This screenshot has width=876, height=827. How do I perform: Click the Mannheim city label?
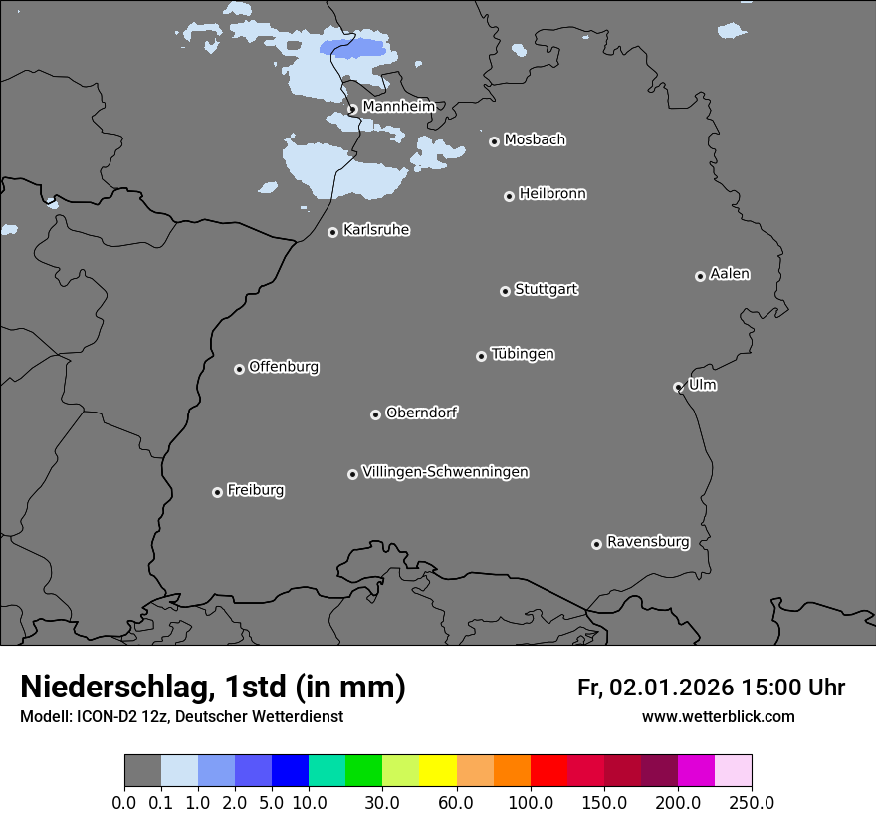click(398, 106)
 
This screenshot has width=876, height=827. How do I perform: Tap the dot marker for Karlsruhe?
click(332, 232)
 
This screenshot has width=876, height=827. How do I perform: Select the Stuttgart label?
click(546, 289)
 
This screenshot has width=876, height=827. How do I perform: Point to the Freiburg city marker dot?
click(217, 492)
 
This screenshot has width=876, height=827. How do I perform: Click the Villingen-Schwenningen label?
click(445, 472)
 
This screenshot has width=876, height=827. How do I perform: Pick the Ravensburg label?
click(647, 542)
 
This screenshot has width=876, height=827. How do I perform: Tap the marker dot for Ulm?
click(678, 387)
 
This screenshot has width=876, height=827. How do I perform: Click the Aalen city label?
click(730, 274)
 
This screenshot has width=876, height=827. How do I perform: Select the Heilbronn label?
click(552, 194)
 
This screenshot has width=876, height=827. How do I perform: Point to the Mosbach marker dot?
click(494, 141)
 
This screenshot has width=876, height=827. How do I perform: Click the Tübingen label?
click(523, 354)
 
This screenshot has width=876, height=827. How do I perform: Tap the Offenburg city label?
click(284, 367)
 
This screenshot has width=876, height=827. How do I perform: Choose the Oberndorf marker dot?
click(375, 414)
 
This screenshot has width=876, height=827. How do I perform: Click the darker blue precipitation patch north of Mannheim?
click(352, 48)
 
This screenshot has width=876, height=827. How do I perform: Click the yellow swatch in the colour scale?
click(438, 771)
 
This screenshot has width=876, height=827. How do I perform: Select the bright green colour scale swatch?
click(364, 771)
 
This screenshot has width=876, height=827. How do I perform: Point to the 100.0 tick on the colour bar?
click(531, 802)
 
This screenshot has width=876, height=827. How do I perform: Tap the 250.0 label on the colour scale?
click(752, 802)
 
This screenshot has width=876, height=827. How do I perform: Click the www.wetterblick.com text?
click(718, 716)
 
